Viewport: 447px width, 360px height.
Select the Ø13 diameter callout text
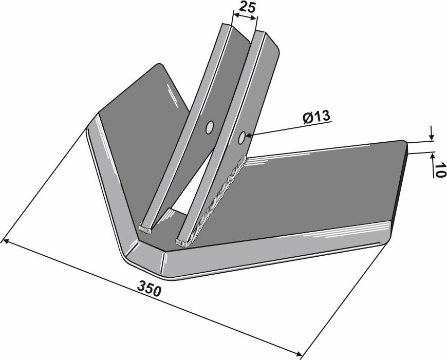pos(315,117)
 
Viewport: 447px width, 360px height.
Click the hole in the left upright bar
pos(210,128)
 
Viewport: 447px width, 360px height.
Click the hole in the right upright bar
pos(241,137)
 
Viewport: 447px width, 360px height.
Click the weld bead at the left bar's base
pos(146,226)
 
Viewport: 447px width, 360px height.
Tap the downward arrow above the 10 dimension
pos(431,138)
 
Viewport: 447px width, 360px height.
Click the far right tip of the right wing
pos(406,144)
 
